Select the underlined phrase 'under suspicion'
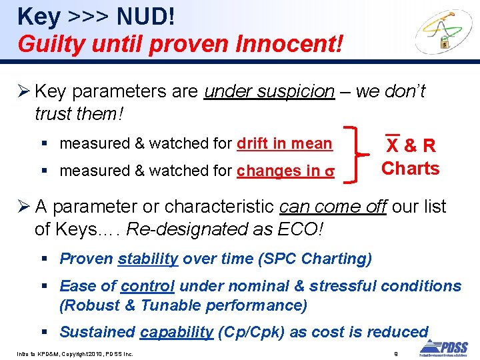pos(269,91)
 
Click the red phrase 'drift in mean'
pos(285,143)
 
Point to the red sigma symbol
pos(329,171)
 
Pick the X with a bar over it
pos(393,145)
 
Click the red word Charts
pos(410,168)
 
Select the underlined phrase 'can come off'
pos(333,207)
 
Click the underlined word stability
pos(148,259)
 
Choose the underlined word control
pos(148,286)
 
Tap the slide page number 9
pos(395,353)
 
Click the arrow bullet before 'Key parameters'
pos(24,91)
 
